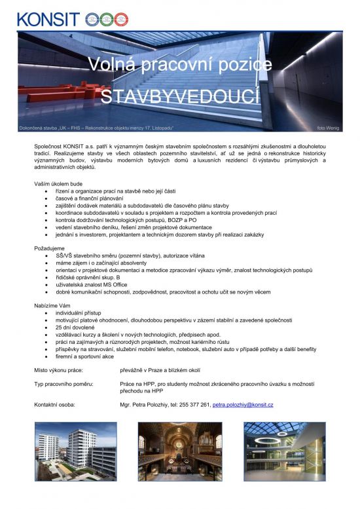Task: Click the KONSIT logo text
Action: click(x=48, y=18)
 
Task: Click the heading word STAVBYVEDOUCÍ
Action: click(x=180, y=97)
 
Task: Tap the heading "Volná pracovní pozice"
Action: click(x=180, y=64)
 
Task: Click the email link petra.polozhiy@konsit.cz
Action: click(x=243, y=405)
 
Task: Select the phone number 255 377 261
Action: click(x=190, y=405)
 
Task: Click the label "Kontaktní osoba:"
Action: click(x=54, y=405)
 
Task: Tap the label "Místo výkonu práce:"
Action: click(x=58, y=370)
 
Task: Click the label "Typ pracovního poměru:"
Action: click(x=63, y=383)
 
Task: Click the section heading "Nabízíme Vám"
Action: click(x=52, y=306)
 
